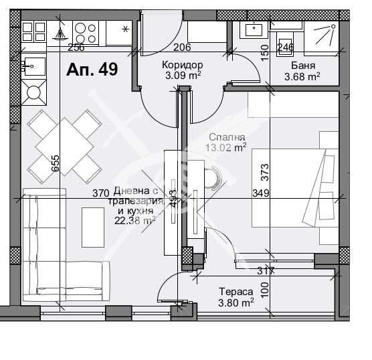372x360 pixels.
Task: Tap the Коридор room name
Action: click(x=182, y=65)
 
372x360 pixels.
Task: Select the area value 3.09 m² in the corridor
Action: click(x=182, y=75)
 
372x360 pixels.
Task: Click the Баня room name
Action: click(x=304, y=66)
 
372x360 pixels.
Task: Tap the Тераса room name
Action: click(x=236, y=292)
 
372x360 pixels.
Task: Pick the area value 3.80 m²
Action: click(x=236, y=302)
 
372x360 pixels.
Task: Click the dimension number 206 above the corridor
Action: click(x=182, y=47)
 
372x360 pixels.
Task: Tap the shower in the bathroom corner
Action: click(x=324, y=37)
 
